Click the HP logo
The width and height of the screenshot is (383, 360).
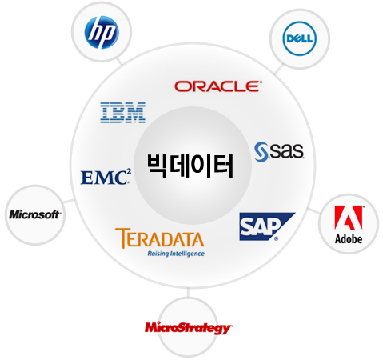coord(102,32)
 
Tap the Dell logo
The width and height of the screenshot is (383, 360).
coord(299,38)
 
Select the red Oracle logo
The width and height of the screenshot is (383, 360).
coord(218,86)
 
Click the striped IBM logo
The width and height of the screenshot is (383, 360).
coord(123,113)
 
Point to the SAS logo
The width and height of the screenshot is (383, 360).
coord(279,151)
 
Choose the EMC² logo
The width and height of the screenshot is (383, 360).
coord(106,177)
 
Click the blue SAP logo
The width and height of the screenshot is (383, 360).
coord(267,226)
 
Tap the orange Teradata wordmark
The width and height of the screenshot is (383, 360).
coord(160,238)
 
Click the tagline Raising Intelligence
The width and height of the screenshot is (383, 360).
coord(176,254)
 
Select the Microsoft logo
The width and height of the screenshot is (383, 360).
coord(35,214)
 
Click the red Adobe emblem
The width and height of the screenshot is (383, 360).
coord(349,218)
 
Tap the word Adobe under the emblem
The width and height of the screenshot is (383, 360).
coord(349,239)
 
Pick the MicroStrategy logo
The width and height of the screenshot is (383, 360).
coord(189,328)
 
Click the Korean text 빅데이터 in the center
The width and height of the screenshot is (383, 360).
coord(190,166)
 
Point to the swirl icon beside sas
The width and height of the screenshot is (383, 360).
coord(261,152)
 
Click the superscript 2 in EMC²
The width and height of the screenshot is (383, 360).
coord(129,171)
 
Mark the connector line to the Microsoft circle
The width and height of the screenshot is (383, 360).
coord(69,201)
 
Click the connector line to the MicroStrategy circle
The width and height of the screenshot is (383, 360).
coord(188,292)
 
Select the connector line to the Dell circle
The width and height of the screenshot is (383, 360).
coord(278,70)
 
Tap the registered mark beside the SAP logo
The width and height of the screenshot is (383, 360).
coord(276,238)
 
